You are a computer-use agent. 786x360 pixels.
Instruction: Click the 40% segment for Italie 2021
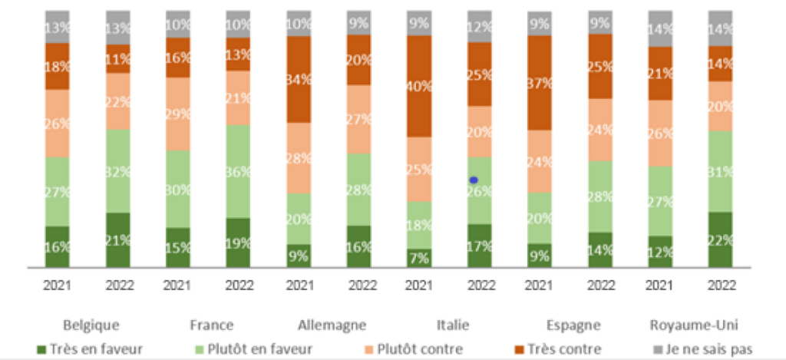418,86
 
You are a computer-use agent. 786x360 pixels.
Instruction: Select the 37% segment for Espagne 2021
540,83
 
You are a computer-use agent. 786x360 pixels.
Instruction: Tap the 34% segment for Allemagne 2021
299,79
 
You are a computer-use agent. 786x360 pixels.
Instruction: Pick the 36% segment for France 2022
239,171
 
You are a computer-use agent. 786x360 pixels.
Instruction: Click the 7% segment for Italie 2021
418,258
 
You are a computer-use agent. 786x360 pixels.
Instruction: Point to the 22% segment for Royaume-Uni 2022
721,239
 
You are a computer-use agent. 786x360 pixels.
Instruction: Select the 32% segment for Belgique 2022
117,170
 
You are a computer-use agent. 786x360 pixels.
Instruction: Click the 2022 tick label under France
239,285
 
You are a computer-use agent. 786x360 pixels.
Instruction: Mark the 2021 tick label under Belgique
58,285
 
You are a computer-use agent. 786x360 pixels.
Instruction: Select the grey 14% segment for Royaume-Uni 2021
660,28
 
